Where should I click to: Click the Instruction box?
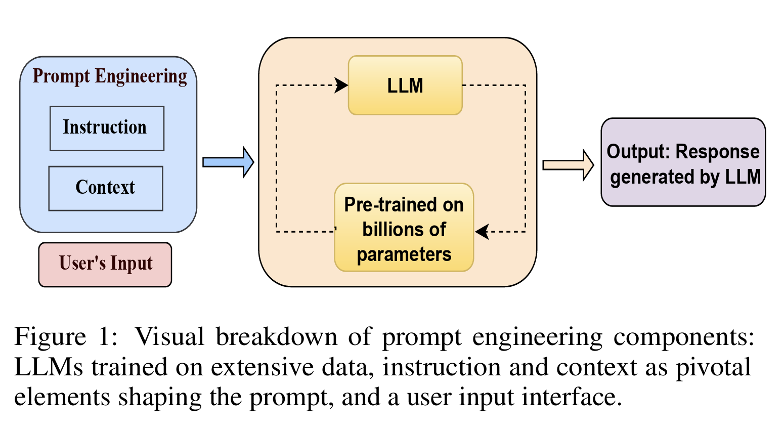click(107, 128)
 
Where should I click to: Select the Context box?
click(106, 188)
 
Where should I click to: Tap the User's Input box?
click(105, 265)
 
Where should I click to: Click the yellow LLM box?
click(405, 85)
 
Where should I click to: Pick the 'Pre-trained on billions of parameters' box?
click(404, 228)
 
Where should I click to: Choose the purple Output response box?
click(683, 163)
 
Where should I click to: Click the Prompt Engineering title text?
click(110, 76)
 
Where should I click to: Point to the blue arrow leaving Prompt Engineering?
click(228, 162)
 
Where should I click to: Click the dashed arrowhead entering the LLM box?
click(342, 85)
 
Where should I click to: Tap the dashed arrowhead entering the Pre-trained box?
click(482, 232)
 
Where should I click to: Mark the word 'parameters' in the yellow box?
click(404, 254)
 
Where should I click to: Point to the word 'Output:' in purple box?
click(638, 152)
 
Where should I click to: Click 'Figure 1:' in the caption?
click(66, 337)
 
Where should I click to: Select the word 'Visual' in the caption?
click(169, 337)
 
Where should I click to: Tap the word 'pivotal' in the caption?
click(714, 367)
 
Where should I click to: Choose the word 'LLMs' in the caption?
click(49, 367)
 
